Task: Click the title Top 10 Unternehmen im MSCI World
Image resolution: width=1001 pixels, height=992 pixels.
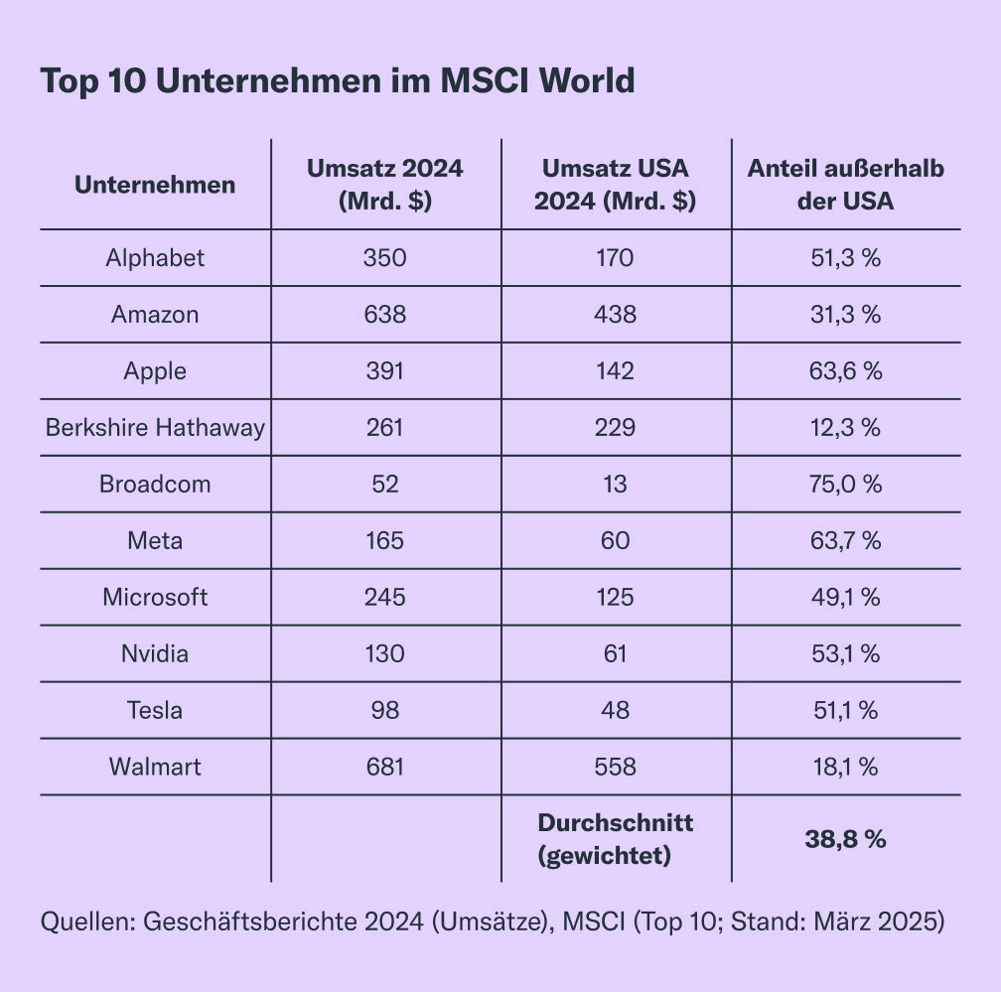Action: tap(338, 81)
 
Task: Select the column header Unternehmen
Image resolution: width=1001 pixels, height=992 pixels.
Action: tap(155, 185)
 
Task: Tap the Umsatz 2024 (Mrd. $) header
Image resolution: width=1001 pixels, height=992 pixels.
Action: tap(385, 185)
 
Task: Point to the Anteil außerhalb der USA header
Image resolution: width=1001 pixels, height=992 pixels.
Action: tap(846, 185)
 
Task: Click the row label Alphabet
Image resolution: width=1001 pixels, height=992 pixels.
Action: tap(155, 258)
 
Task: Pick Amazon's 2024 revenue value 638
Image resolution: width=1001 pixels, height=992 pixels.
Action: tap(385, 314)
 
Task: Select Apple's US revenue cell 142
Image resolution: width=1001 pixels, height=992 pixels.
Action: tap(616, 371)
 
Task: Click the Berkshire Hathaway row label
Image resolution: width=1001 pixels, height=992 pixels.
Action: tap(155, 428)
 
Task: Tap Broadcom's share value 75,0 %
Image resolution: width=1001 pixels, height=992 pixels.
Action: tap(846, 484)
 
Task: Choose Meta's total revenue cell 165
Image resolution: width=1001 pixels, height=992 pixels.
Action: tap(385, 540)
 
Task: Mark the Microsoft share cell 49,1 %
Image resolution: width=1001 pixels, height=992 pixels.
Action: tap(846, 597)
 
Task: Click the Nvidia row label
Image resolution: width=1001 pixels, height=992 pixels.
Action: tap(155, 653)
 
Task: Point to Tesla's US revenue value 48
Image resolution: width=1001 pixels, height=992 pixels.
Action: tap(616, 710)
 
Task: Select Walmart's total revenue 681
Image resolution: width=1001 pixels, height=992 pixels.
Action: tap(385, 767)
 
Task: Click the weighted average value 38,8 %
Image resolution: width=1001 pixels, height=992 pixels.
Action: tap(846, 839)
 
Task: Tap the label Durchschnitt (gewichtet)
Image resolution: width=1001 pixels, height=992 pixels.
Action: tap(616, 839)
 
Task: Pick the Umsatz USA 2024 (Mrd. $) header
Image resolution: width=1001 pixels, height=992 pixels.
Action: tap(616, 185)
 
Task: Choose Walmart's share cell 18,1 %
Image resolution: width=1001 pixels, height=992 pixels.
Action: tap(846, 767)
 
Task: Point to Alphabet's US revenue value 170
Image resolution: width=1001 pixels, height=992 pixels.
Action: tap(616, 258)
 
